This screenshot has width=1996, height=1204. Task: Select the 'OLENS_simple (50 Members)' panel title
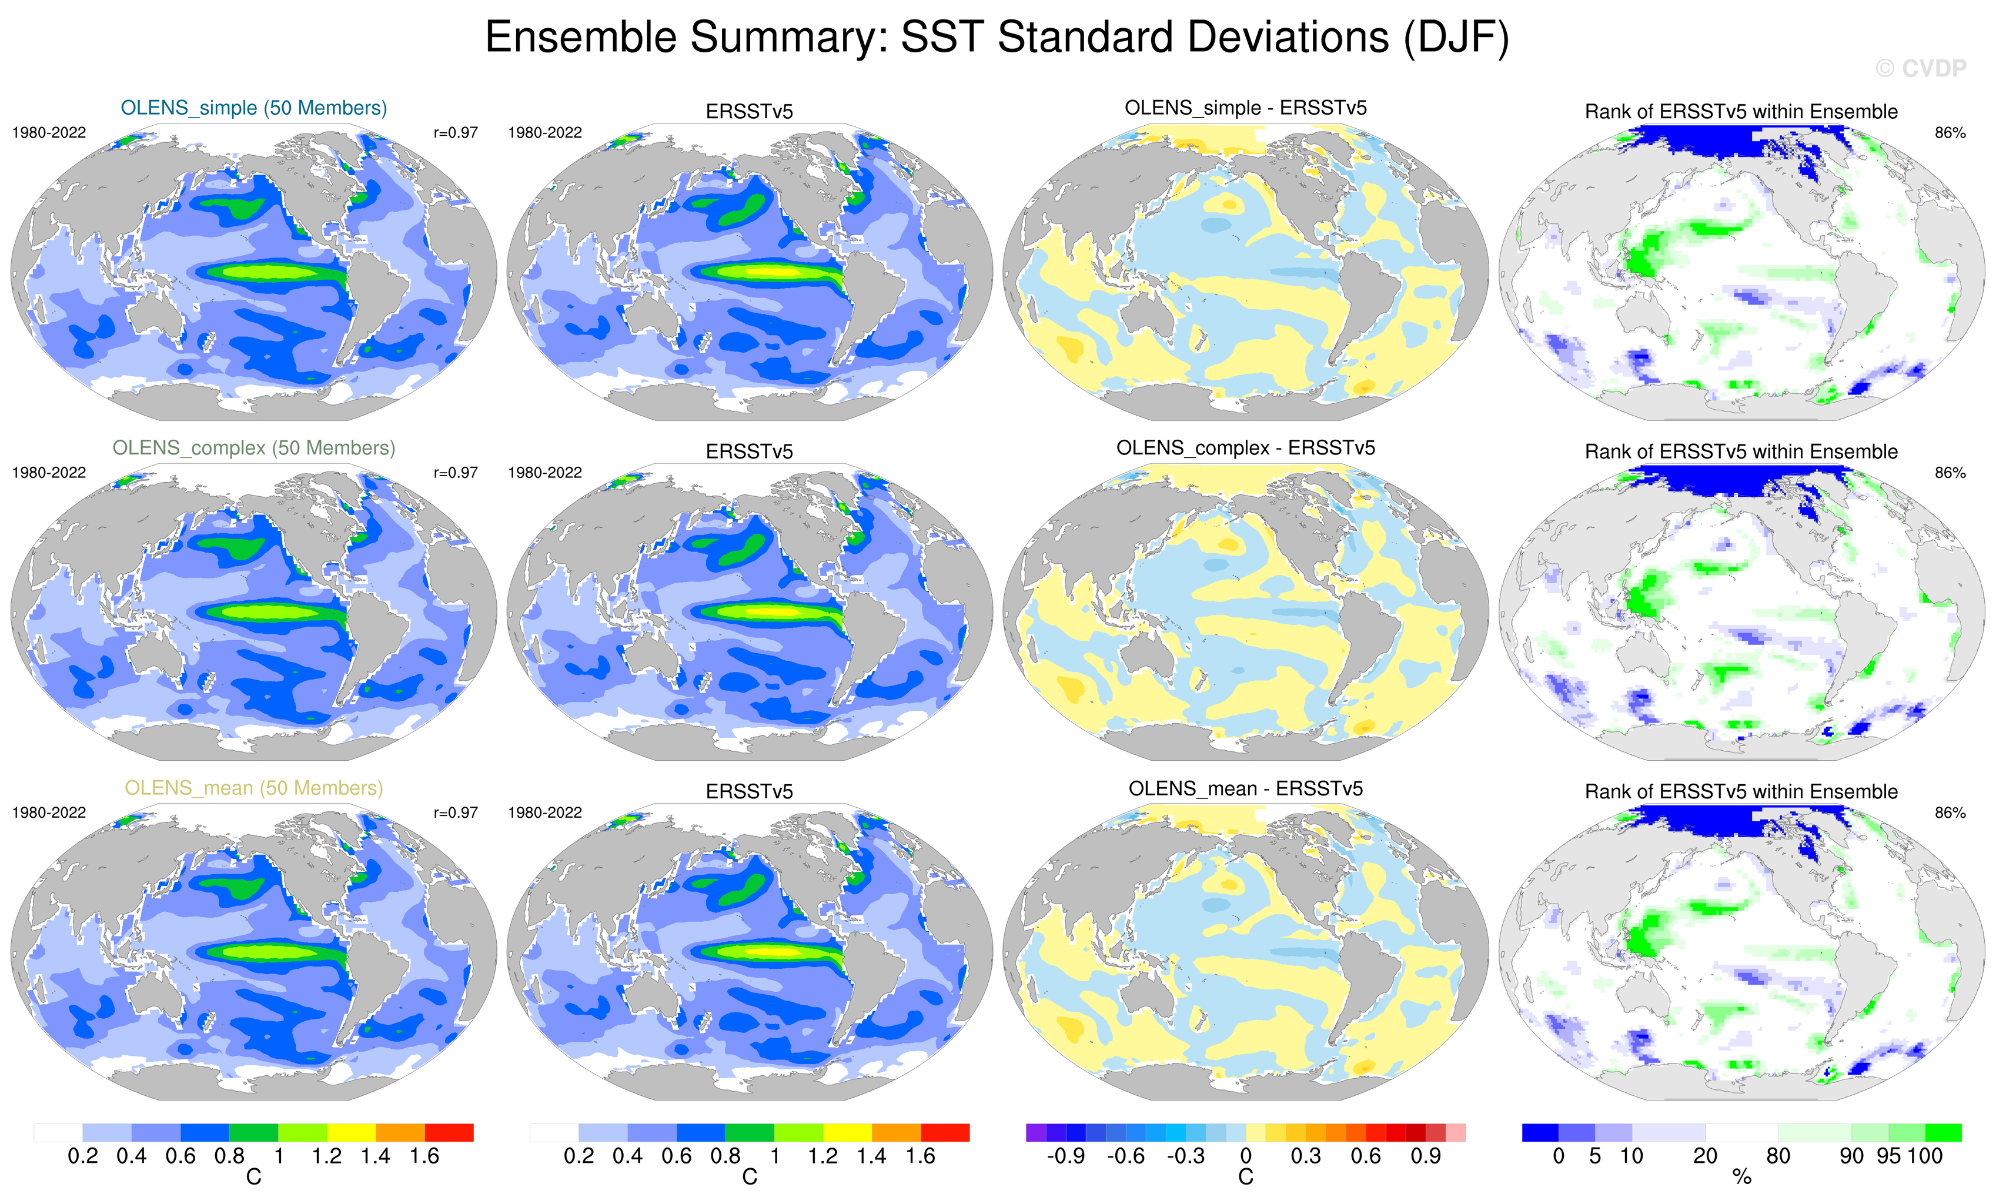pyautogui.click(x=253, y=108)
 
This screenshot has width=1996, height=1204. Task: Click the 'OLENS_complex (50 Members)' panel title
pyautogui.click(x=253, y=448)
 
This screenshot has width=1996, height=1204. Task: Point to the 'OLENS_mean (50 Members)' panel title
pyautogui.click(x=253, y=788)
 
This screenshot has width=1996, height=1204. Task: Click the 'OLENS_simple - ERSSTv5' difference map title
pyautogui.click(x=1245, y=108)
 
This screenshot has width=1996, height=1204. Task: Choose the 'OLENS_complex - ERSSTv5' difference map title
pyautogui.click(x=1245, y=448)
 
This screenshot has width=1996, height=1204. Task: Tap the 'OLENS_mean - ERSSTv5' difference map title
pyautogui.click(x=1245, y=788)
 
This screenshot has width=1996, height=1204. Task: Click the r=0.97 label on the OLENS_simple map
pyautogui.click(x=455, y=133)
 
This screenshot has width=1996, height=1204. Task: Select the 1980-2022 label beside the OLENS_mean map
pyautogui.click(x=49, y=812)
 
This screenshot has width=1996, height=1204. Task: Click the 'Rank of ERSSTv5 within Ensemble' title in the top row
pyautogui.click(x=1741, y=112)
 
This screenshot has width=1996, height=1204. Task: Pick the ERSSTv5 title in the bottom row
pyautogui.click(x=750, y=791)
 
